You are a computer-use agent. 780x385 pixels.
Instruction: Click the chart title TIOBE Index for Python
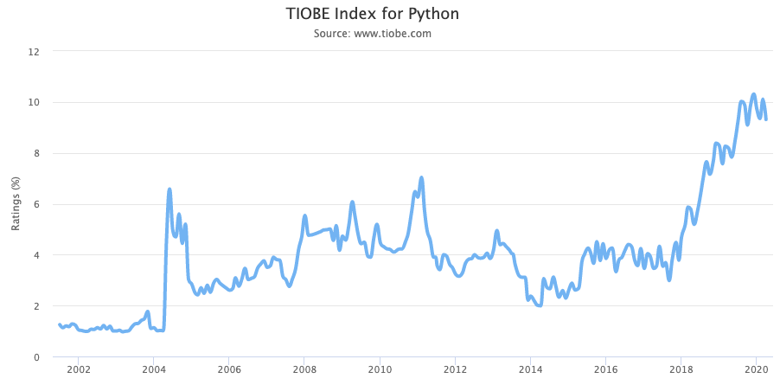tap(372, 14)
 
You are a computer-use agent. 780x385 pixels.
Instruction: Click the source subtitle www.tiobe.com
tap(372, 34)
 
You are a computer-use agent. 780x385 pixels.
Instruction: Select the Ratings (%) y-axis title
tap(15, 204)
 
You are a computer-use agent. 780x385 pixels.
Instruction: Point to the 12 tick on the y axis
tap(34, 51)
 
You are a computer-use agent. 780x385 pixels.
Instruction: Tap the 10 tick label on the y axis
tap(34, 102)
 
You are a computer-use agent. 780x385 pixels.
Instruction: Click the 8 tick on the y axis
tap(36, 153)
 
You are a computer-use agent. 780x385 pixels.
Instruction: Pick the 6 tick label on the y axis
tap(36, 204)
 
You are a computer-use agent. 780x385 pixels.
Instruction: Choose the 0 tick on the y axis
tap(36, 356)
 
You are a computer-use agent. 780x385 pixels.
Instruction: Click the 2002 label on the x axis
tap(78, 369)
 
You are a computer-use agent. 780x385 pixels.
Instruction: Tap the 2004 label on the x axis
tap(153, 369)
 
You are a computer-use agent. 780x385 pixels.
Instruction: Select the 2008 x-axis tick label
tap(304, 369)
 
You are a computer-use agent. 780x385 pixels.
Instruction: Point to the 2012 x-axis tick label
tap(455, 369)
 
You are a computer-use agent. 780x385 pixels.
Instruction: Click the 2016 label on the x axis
tap(605, 369)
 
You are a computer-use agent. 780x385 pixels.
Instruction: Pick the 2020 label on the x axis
tap(756, 369)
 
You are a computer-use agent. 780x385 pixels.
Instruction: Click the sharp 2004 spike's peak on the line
tap(169, 189)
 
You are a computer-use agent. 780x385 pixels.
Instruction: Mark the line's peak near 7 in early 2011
tap(421, 177)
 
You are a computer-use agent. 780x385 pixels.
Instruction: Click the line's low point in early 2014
tap(540, 305)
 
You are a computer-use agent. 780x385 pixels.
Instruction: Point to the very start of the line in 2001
tap(59, 324)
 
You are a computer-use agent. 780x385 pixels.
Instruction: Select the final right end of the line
tap(766, 119)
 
